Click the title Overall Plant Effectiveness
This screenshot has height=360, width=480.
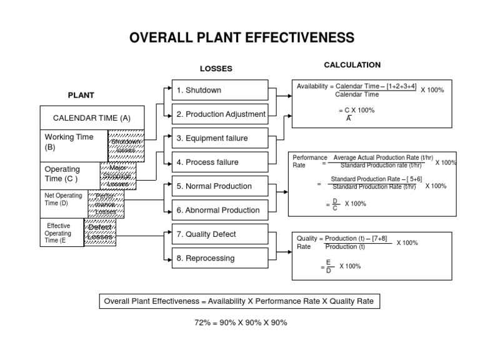pyautogui.click(x=241, y=38)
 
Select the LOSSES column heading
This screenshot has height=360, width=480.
pyautogui.click(x=216, y=69)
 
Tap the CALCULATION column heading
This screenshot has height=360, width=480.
pyautogui.click(x=352, y=65)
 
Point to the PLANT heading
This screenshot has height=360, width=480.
pyautogui.click(x=81, y=96)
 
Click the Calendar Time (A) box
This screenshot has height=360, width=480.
pyautogui.click(x=92, y=117)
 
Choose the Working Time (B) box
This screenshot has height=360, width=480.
pyautogui.click(x=74, y=142)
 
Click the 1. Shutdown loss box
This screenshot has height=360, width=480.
pyautogui.click(x=219, y=90)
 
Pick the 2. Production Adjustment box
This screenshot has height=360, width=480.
pyautogui.click(x=219, y=114)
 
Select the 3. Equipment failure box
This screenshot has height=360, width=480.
pyautogui.click(x=219, y=138)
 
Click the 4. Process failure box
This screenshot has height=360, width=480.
pyautogui.click(x=219, y=162)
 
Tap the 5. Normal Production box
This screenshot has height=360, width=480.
pyautogui.click(x=219, y=186)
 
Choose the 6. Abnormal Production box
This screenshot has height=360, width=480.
pyautogui.click(x=219, y=211)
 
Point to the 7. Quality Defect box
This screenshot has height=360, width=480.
pyautogui.click(x=219, y=234)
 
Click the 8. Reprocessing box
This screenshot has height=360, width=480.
pyautogui.click(x=219, y=258)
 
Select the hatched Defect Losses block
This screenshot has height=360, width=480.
pyautogui.click(x=99, y=232)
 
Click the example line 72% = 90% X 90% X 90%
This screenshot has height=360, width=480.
pyautogui.click(x=241, y=323)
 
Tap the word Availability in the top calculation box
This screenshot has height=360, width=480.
pyautogui.click(x=312, y=86)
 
